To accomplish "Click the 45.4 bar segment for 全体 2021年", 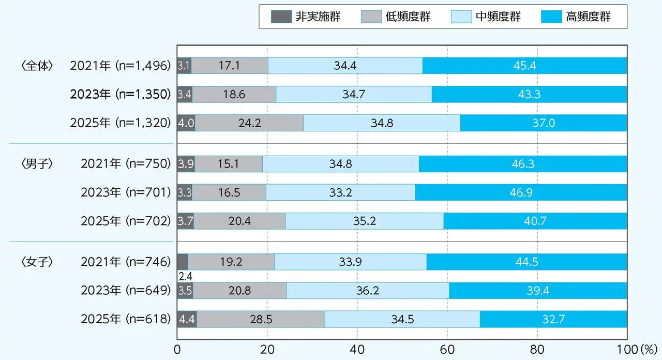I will (x=524, y=66).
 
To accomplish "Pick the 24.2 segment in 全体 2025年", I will (x=249, y=123).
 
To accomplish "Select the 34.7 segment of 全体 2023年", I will (x=354, y=94).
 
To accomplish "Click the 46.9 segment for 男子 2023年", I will (x=521, y=192).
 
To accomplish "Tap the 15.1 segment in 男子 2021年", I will (x=229, y=164).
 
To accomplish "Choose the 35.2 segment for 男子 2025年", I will (x=364, y=221).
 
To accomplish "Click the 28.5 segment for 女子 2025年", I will (x=261, y=319).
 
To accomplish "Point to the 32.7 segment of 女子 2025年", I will (x=553, y=319).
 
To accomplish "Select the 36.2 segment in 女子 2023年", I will (x=367, y=291).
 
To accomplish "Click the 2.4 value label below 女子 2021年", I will (x=185, y=276).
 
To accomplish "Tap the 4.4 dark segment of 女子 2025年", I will (x=187, y=319).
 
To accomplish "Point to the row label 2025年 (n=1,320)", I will (x=120, y=123).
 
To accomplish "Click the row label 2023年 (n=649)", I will (x=125, y=291).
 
